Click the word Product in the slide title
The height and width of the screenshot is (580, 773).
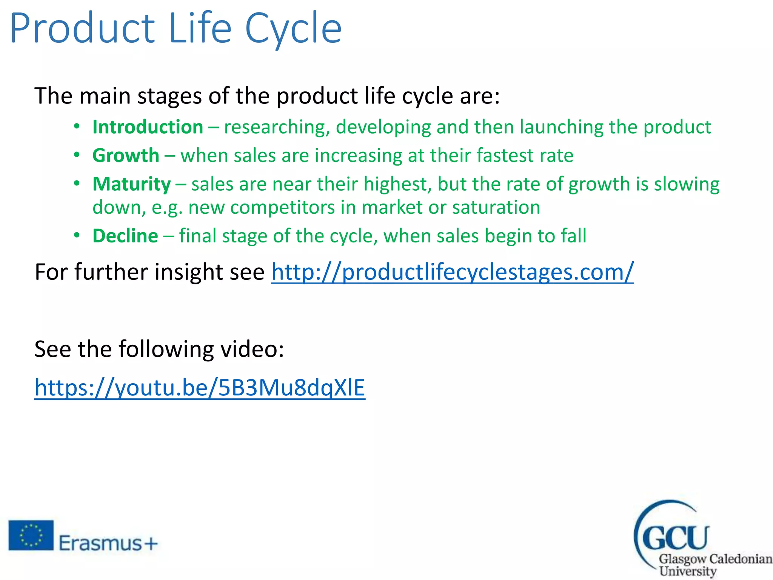[82, 29]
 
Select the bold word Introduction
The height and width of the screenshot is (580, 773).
[148, 127]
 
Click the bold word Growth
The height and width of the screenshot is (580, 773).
[126, 156]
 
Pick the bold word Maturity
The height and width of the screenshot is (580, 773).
[132, 184]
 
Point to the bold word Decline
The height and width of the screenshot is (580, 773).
[125, 236]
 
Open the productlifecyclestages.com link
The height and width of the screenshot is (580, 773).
[452, 272]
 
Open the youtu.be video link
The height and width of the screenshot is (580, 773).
[200, 388]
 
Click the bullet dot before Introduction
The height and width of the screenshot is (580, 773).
[77, 126]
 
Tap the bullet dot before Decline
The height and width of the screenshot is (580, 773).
[77, 236]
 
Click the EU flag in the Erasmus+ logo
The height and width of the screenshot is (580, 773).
[31, 535]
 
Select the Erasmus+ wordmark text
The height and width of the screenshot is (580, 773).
[108, 544]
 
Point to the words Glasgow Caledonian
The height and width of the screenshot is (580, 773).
[715, 559]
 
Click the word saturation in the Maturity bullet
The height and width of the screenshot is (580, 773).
[496, 208]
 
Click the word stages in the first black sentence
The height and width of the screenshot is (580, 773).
[169, 96]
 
